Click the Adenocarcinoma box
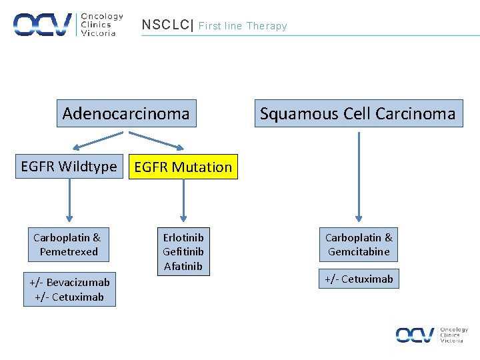[125, 113]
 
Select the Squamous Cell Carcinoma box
[357, 113]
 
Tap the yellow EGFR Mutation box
[183, 167]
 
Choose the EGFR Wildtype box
[69, 167]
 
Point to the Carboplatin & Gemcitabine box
[359, 245]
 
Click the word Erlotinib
[183, 237]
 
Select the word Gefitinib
[183, 252]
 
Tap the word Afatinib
[183, 267]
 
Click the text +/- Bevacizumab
[69, 282]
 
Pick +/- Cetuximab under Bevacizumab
[69, 297]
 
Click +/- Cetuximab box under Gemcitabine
[359, 279]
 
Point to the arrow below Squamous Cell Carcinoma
[359, 177]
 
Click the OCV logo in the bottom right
[431, 335]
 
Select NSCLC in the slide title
[165, 25]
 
